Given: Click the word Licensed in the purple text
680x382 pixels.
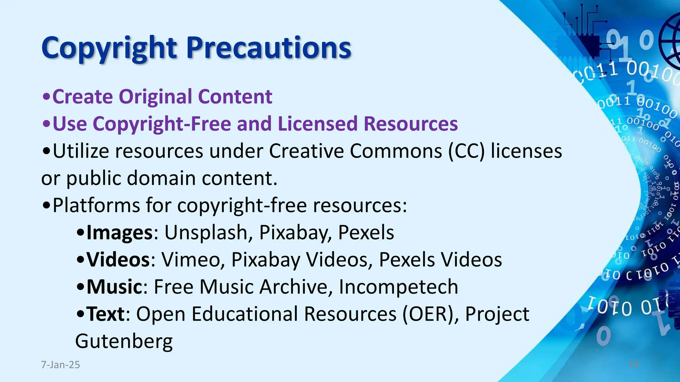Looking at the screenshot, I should coord(318,124).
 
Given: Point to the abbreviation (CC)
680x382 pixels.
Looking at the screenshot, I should coord(466,151).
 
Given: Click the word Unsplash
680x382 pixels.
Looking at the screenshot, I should coord(206,232).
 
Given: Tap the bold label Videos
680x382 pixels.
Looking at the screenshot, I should coord(118,259).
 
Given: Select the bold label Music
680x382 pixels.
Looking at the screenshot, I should coord(115,286).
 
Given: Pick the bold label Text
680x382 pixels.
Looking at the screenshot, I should coord(106,314).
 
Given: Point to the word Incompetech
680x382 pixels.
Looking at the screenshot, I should coord(398,286).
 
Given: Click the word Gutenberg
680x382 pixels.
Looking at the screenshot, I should coord(124,342).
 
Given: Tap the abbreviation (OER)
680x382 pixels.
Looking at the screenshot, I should coord(431,314).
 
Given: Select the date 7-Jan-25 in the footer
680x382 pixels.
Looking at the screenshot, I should coord(60,365).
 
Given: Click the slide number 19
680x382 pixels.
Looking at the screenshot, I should coord(634,365).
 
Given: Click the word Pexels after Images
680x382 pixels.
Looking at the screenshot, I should coord(366,232).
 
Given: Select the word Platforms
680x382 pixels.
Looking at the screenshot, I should coord(96,205).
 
